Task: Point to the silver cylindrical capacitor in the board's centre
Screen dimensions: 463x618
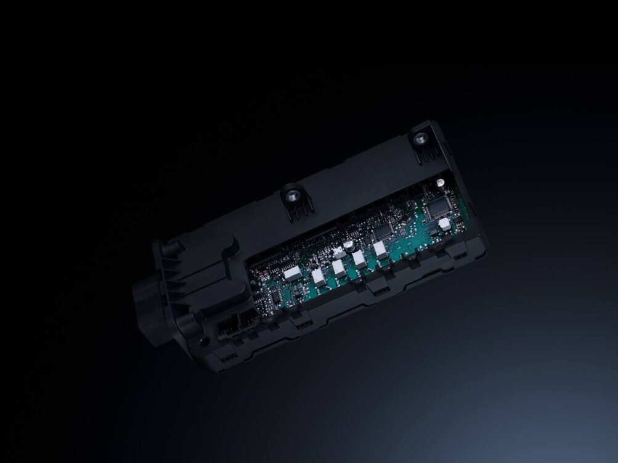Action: tap(349, 245)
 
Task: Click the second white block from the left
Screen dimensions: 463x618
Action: tap(319, 277)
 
